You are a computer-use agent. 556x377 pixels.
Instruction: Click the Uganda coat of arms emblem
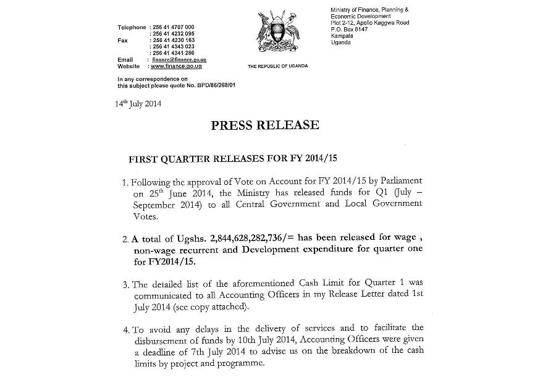(x=277, y=32)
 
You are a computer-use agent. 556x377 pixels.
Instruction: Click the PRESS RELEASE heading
(x=265, y=125)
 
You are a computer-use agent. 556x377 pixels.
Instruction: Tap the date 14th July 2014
(x=138, y=104)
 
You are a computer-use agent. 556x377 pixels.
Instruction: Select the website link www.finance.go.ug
(x=177, y=66)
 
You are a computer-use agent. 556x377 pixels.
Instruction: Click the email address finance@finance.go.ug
(x=180, y=59)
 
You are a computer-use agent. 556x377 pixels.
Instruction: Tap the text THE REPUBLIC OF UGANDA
(x=277, y=66)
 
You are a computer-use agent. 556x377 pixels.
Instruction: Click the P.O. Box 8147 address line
(x=349, y=30)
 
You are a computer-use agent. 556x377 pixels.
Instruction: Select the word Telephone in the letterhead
(x=132, y=27)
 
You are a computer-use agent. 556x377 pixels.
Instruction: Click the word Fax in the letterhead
(x=122, y=40)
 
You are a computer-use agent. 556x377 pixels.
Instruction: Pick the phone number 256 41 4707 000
(x=173, y=27)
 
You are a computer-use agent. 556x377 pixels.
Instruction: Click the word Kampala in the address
(x=342, y=36)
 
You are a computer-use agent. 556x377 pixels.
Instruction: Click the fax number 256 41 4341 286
(x=173, y=53)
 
